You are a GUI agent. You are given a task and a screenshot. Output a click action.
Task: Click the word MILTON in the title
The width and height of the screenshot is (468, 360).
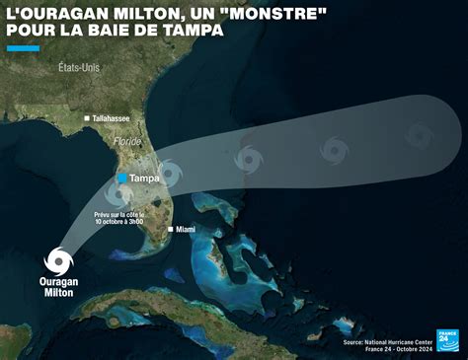[127, 14]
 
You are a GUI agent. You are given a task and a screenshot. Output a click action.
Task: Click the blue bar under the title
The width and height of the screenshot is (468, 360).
[23, 47]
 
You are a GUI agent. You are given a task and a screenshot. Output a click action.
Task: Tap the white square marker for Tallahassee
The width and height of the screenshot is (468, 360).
[88, 118]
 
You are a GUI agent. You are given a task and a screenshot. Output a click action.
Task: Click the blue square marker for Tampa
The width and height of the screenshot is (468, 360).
[121, 179]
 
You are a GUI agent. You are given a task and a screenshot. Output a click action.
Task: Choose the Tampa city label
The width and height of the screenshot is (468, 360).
[145, 179]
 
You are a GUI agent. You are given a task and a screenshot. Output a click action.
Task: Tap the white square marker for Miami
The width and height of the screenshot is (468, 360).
[171, 229]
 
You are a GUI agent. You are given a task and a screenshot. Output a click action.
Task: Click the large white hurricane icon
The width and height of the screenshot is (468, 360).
[59, 262]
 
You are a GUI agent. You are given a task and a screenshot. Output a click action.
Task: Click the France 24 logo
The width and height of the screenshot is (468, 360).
[450, 339]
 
